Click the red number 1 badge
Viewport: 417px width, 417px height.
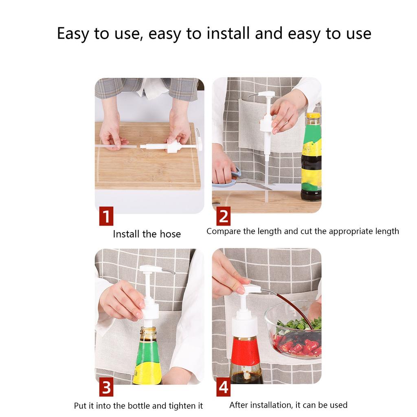coord(106,216)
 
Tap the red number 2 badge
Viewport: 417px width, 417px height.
coord(223,216)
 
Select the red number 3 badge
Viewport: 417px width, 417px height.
coord(106,387)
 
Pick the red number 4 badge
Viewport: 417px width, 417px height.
coord(223,387)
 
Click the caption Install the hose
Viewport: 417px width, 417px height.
coord(147,234)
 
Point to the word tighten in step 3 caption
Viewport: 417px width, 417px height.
coord(182,406)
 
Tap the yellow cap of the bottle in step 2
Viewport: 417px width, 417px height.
coord(313,116)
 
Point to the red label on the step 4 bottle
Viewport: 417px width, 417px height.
coord(245,351)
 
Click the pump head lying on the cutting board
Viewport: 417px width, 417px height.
coord(173,146)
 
